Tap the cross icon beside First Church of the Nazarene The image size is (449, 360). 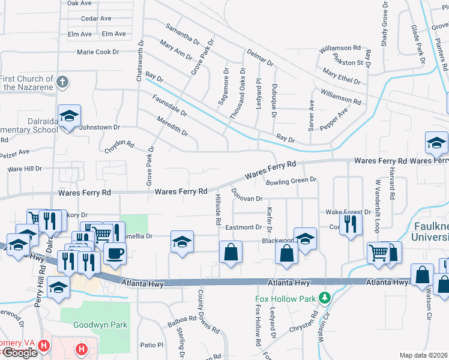[62, 82]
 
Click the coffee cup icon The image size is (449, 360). [115, 252]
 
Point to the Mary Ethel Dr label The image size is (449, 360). [342, 77]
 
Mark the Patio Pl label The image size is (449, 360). [151, 345]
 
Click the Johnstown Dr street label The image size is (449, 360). [101, 127]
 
